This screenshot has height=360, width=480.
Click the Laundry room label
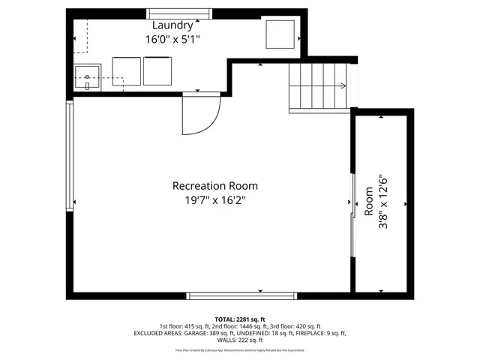tap(173, 25)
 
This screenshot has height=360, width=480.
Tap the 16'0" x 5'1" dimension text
tap(173, 38)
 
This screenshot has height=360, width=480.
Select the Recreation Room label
tap(215, 186)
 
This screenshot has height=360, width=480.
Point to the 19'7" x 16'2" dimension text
tap(215, 200)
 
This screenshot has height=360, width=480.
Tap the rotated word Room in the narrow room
tap(368, 201)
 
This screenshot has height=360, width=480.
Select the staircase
tap(319, 86)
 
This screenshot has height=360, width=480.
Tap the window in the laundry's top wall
tap(178, 13)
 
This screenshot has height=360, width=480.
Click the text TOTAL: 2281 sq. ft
tap(240, 319)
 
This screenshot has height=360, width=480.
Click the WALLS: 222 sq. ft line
tap(240, 340)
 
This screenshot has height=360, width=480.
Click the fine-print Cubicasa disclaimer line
tap(240, 349)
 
